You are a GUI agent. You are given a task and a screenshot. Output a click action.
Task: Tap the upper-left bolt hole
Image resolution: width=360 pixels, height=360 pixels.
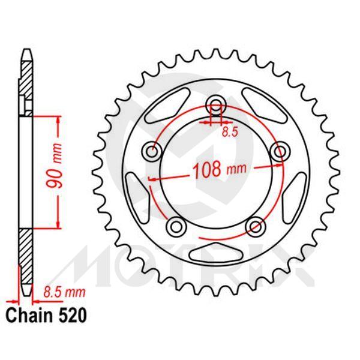point(151,150)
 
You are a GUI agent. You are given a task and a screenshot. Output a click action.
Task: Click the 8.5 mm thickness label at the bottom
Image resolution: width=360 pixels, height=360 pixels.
point(63,293)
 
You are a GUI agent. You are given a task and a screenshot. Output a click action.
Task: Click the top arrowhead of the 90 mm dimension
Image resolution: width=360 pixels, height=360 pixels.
point(58,119)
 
